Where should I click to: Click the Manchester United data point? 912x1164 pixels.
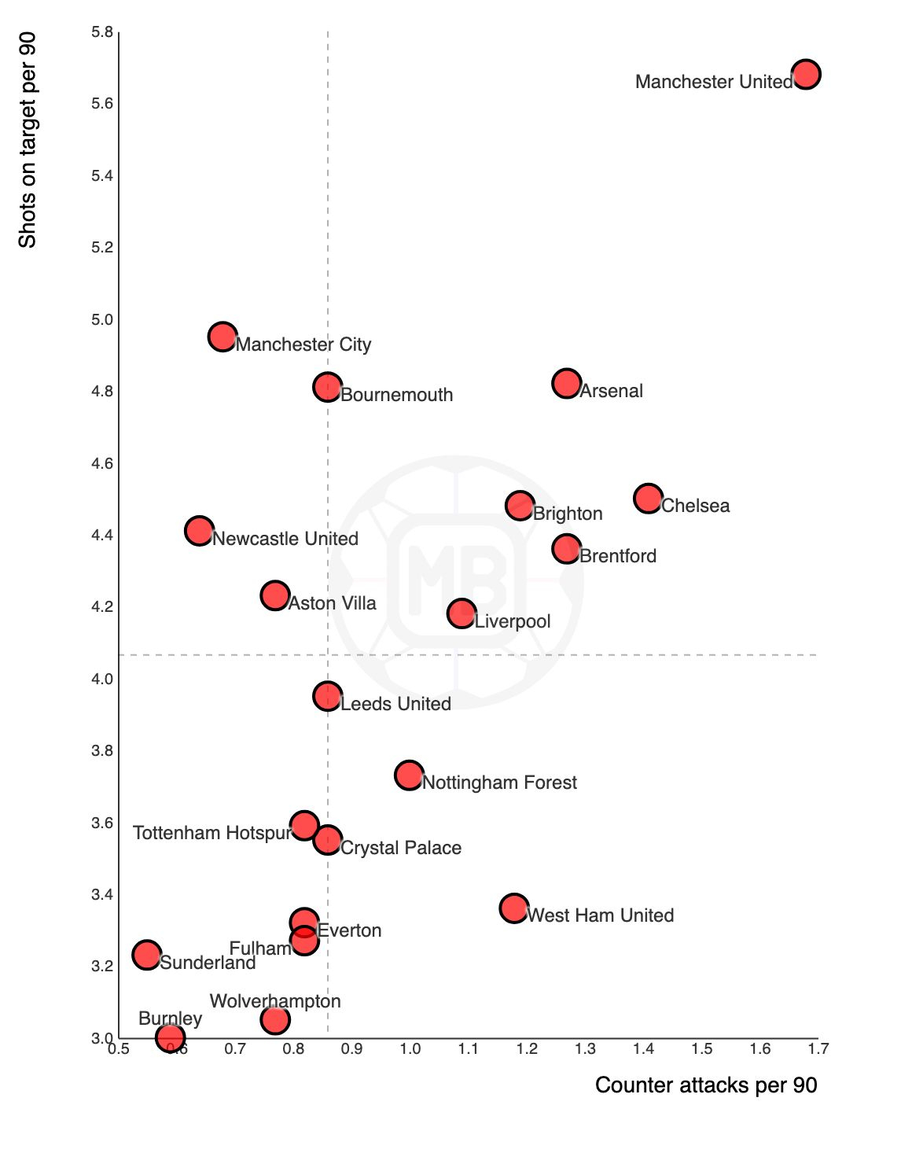pyautogui.click(x=806, y=74)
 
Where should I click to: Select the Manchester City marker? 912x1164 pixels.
pyautogui.click(x=222, y=337)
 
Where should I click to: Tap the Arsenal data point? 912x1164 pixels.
pyautogui.click(x=566, y=383)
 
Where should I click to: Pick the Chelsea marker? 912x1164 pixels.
pyautogui.click(x=648, y=498)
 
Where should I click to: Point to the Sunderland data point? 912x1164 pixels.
pyautogui.click(x=146, y=955)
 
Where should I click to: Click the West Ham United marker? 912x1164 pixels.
pyautogui.click(x=514, y=908)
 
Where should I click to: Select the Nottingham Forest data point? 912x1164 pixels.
pyautogui.click(x=409, y=775)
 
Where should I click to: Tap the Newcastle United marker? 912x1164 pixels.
pyautogui.click(x=199, y=531)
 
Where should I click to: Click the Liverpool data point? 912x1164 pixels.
pyautogui.click(x=462, y=613)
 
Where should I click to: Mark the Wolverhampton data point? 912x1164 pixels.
pyautogui.click(x=274, y=1019)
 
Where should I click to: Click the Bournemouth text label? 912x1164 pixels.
pyautogui.click(x=396, y=395)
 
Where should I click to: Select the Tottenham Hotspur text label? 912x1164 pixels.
pyautogui.click(x=212, y=833)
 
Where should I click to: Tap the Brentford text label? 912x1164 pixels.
pyautogui.click(x=618, y=556)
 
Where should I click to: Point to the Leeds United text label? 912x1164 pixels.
pyautogui.click(x=395, y=704)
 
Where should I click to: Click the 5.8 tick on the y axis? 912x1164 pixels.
pyautogui.click(x=102, y=32)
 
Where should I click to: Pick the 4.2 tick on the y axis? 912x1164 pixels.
pyautogui.click(x=102, y=607)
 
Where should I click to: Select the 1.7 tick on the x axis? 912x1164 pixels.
pyautogui.click(x=818, y=1048)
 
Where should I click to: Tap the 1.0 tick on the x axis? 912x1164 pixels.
pyautogui.click(x=410, y=1048)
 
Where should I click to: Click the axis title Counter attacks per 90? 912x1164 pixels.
pyautogui.click(x=706, y=1085)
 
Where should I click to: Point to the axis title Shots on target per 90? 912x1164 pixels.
pyautogui.click(x=28, y=140)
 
